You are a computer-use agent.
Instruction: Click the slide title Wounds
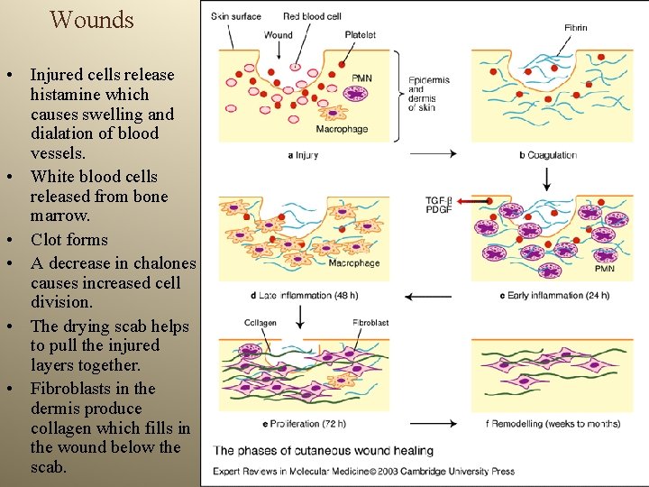click(x=92, y=19)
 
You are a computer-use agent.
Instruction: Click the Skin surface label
click(x=235, y=16)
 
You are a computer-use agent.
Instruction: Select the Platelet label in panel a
click(x=360, y=35)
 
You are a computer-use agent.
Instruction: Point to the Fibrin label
click(x=575, y=28)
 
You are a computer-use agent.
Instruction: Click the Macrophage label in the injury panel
click(x=342, y=129)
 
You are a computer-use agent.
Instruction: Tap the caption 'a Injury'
click(x=302, y=155)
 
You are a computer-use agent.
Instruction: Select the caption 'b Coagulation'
click(x=548, y=155)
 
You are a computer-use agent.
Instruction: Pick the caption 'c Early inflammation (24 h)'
click(x=553, y=295)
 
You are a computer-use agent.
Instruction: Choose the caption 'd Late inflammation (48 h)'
click(x=304, y=295)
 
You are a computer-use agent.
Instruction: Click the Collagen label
click(x=261, y=323)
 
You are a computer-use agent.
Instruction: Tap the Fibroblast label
click(x=370, y=323)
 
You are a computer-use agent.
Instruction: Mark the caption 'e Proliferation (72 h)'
click(x=304, y=423)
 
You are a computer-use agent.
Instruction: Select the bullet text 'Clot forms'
click(x=69, y=240)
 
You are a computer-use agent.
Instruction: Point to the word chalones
click(x=162, y=263)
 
